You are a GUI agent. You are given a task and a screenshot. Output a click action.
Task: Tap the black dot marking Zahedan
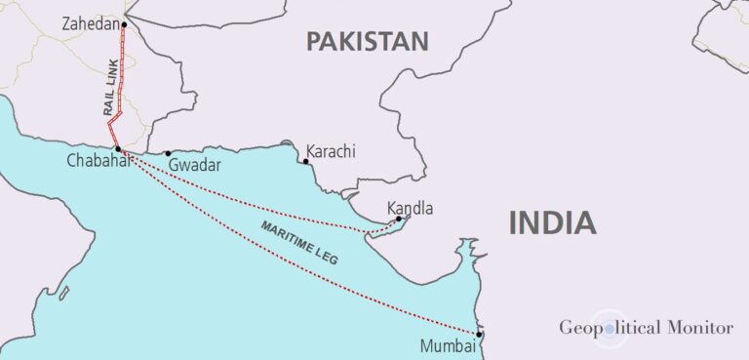(124, 24)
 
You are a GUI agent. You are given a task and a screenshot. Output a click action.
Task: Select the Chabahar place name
(98, 161)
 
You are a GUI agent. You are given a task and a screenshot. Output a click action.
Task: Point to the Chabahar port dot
(117, 149)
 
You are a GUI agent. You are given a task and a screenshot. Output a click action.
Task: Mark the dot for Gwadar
(168, 153)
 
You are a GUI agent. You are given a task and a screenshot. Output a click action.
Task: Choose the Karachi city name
(331, 151)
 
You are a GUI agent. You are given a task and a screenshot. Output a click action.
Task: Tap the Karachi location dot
(305, 161)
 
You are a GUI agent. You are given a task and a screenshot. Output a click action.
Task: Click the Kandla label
(410, 208)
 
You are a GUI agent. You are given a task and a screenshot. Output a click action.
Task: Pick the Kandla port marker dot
(399, 219)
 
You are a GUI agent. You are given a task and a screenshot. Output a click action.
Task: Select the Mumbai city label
(447, 345)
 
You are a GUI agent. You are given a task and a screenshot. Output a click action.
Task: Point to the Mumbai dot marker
(479, 336)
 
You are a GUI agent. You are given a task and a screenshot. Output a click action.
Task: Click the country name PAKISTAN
(367, 41)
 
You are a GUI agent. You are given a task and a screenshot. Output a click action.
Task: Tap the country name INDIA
(552, 222)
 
